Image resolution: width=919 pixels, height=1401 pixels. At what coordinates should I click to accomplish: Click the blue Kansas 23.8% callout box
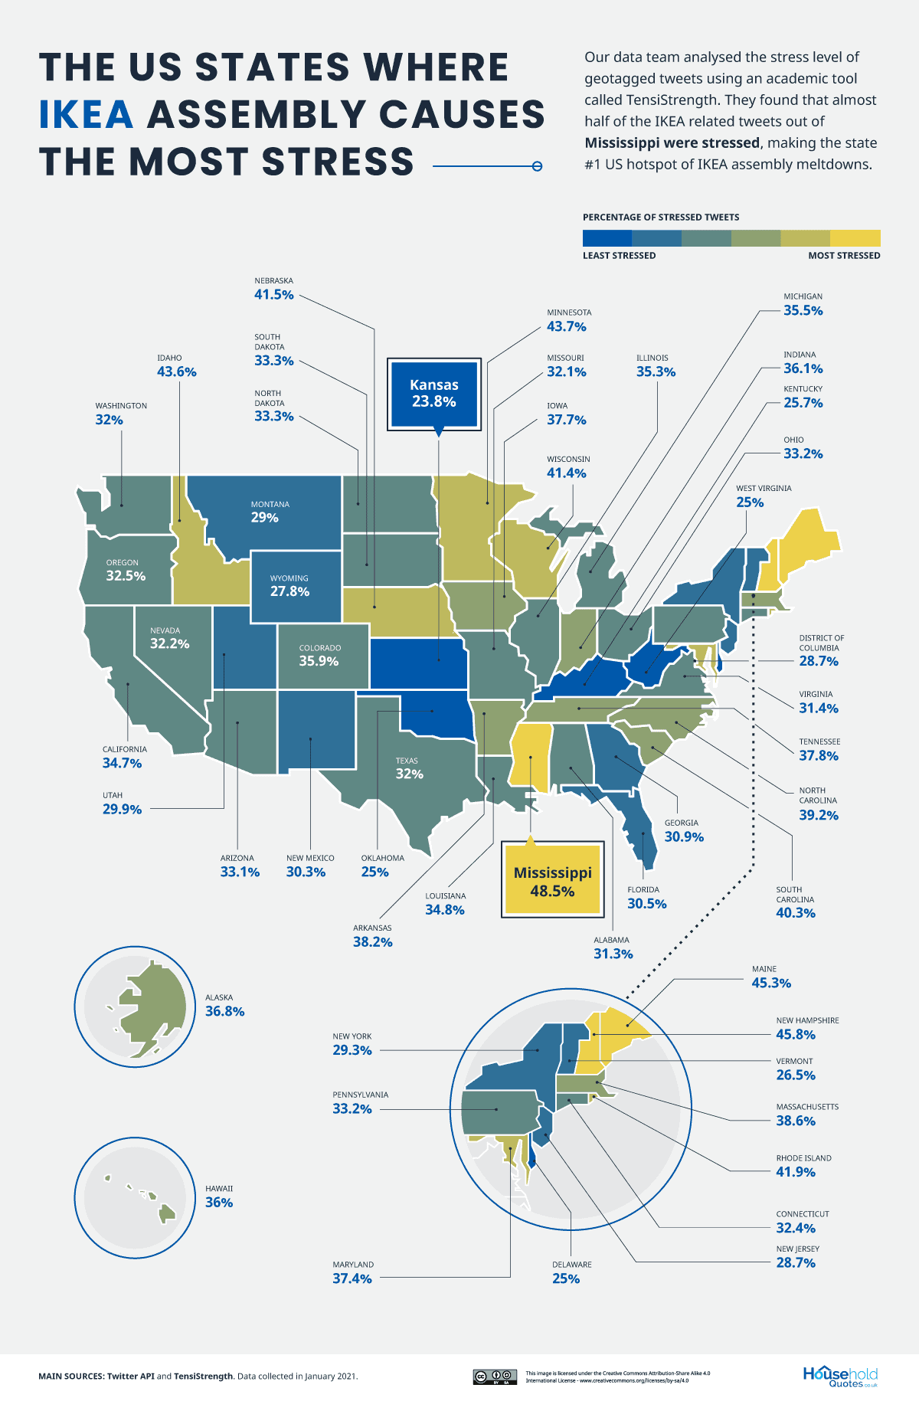(433, 394)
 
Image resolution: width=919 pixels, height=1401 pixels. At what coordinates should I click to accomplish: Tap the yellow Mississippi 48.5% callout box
(552, 881)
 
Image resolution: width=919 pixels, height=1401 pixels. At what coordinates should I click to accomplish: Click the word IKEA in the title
(87, 115)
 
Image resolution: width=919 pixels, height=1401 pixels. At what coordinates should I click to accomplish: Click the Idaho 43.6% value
(176, 372)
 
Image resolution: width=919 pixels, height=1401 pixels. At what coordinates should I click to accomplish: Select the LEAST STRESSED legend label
(619, 256)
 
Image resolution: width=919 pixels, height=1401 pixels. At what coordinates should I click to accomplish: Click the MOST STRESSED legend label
(844, 256)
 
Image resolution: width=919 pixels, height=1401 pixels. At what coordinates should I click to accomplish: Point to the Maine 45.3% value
(771, 983)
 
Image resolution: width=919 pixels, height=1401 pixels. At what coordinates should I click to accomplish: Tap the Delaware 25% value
(566, 1278)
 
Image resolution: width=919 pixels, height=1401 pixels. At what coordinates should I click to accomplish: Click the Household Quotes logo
(840, 1376)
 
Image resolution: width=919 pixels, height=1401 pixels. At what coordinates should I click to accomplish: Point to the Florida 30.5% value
(646, 904)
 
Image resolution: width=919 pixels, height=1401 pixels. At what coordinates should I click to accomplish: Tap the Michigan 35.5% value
(803, 311)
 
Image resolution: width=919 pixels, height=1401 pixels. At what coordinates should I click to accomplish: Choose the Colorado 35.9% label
(319, 656)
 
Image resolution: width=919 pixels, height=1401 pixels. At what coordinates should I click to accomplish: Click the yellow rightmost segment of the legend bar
(855, 238)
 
